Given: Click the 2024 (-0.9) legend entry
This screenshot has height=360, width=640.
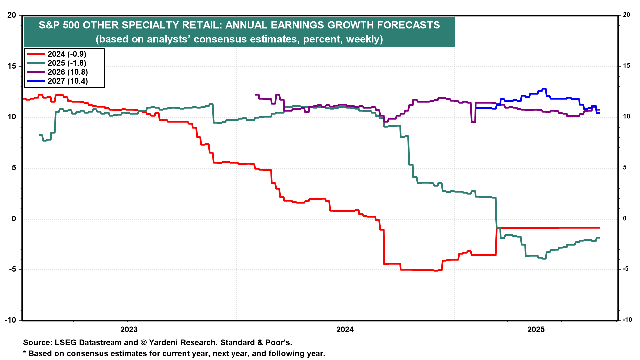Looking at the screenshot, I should click(x=67, y=54).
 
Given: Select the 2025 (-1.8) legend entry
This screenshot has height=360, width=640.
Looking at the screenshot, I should click(x=67, y=63).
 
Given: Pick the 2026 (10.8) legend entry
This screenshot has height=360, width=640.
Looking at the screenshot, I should click(x=68, y=72).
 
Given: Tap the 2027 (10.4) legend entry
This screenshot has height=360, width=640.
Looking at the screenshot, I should click(x=68, y=81).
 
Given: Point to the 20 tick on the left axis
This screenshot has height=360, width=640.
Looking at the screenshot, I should click(x=12, y=15).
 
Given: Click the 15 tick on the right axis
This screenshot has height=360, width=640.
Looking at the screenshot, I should click(x=626, y=66).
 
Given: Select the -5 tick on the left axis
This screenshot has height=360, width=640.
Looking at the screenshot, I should click(x=12, y=269).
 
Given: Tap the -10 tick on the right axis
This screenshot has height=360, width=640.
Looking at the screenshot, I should click(x=627, y=320).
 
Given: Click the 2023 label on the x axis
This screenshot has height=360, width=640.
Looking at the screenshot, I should click(x=129, y=330).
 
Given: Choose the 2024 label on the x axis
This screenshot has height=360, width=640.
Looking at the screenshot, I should click(x=345, y=330).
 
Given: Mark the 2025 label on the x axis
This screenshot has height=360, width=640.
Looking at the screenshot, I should click(x=536, y=330).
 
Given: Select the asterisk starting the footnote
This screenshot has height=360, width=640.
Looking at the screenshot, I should click(x=25, y=353).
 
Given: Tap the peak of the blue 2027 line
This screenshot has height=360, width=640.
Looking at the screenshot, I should click(x=544, y=89).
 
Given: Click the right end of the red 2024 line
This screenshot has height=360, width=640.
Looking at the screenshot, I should click(x=599, y=228).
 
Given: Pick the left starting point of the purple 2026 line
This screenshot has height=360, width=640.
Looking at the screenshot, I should click(x=256, y=95).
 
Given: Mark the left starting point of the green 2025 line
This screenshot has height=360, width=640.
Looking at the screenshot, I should click(x=39, y=135).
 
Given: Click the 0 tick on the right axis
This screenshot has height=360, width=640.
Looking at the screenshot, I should click(x=625, y=219).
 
